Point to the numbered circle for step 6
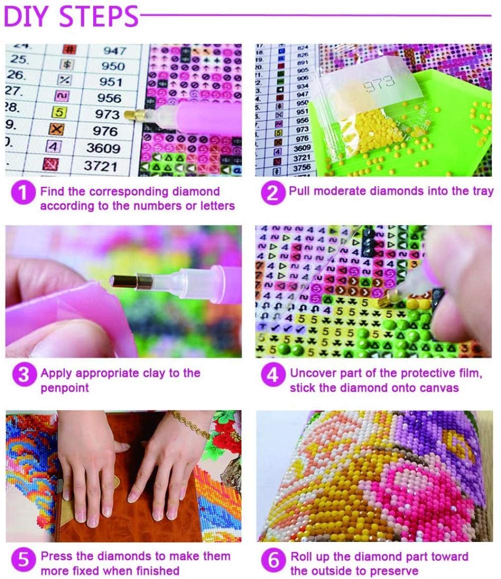[273, 560]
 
